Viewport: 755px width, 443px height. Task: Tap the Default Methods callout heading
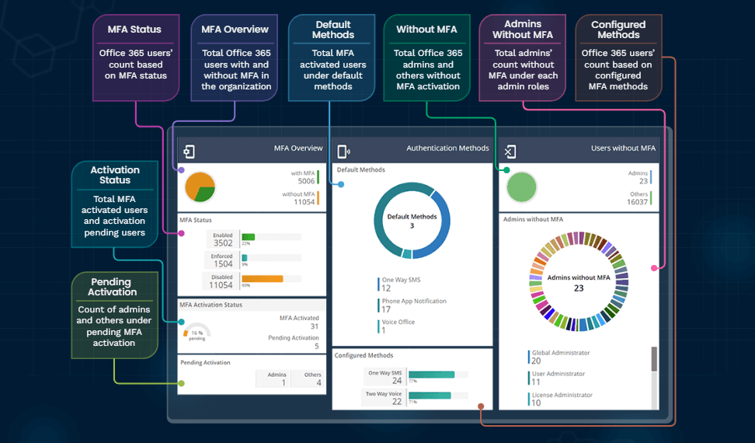[332, 30]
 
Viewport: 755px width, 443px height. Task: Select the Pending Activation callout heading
[112, 287]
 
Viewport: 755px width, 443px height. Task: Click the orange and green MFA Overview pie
[200, 187]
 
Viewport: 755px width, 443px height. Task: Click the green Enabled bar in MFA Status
[249, 237]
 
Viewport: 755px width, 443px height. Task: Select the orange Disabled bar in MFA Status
[262, 278]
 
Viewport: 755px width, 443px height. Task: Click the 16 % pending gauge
[197, 332]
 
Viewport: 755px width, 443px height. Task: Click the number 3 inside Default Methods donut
[412, 225]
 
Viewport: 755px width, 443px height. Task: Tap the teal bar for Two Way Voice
[430, 396]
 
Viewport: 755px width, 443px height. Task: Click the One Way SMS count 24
[396, 380]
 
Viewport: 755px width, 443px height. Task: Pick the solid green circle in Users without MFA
[522, 187]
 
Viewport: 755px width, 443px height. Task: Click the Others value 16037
[636, 201]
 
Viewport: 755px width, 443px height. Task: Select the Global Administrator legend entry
[559, 357]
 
